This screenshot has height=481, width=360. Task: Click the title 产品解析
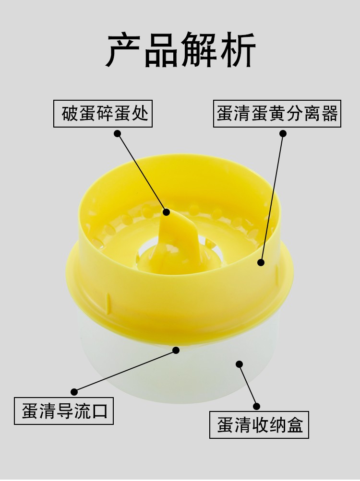[181, 50]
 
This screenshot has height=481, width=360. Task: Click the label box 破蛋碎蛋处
[103, 114]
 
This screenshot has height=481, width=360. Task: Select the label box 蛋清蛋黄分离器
[277, 114]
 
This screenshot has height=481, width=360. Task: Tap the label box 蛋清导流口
[64, 411]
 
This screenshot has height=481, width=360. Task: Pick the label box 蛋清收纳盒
[259, 425]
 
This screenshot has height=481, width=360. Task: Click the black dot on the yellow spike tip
[167, 212]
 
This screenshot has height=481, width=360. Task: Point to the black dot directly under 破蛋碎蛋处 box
[117, 133]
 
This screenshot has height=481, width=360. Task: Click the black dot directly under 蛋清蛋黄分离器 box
[283, 133]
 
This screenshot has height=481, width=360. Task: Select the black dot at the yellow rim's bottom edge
[176, 350]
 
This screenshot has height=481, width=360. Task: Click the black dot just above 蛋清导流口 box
[74, 392]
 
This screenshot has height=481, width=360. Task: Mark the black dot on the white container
[240, 364]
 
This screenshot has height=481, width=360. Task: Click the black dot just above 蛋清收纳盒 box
[257, 407]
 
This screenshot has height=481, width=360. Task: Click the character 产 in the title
[123, 50]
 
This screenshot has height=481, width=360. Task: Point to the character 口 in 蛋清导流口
[99, 411]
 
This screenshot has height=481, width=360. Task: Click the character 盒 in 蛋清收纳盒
[295, 425]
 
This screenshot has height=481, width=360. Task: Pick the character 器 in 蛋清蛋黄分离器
[329, 114]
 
